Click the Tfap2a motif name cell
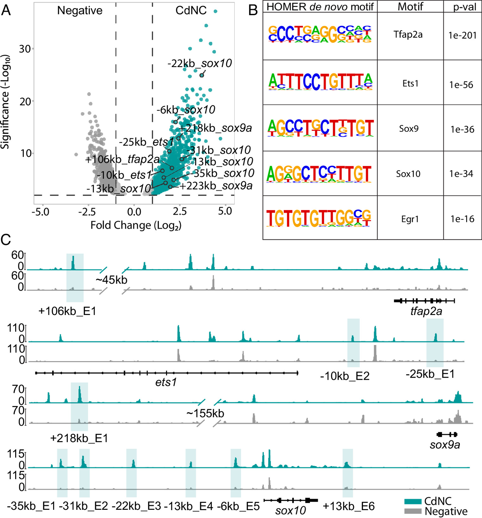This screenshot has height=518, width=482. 408,34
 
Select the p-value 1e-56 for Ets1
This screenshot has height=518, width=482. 461,85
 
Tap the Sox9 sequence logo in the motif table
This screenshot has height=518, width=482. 320,128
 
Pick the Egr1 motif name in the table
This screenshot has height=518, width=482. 410,219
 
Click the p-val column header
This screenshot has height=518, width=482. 464,7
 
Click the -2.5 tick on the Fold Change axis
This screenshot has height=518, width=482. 87,212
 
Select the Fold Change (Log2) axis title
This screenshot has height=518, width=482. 136,225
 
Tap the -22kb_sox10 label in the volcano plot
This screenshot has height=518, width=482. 200,64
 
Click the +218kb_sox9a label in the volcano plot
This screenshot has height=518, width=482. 215,128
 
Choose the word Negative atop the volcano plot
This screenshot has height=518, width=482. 80,10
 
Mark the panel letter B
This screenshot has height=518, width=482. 253,10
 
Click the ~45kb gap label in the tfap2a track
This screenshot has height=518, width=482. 111,280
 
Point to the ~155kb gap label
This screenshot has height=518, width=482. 205,413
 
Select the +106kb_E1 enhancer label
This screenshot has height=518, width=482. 67,311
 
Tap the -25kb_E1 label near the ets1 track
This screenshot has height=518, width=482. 430,374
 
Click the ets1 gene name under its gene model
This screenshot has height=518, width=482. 166,383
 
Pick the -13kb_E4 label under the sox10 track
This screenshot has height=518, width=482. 188,506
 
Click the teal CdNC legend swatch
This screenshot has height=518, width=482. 413,502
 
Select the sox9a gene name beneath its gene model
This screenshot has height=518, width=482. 445,445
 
